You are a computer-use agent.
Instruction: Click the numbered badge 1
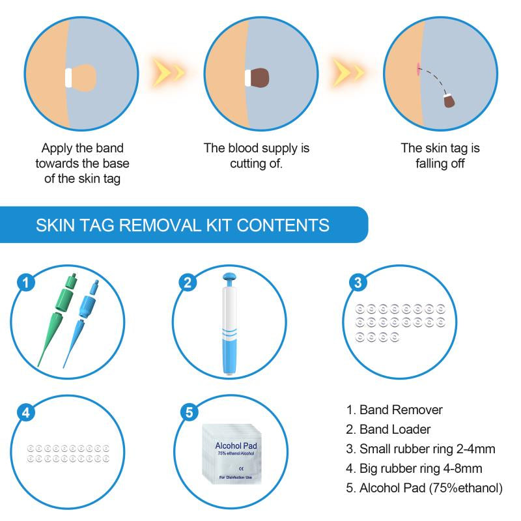click(26, 282)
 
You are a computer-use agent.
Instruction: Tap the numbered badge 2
click(188, 282)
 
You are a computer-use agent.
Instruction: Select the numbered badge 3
click(358, 282)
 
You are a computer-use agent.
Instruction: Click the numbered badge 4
click(26, 412)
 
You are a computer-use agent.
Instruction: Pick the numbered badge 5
click(188, 412)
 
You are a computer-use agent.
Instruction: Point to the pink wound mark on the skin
click(415, 67)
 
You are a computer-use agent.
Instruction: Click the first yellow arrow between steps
click(168, 70)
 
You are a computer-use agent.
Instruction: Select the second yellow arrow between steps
click(348, 70)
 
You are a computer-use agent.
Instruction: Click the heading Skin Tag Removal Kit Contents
click(182, 225)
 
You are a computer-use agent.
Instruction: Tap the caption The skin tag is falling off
click(440, 156)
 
